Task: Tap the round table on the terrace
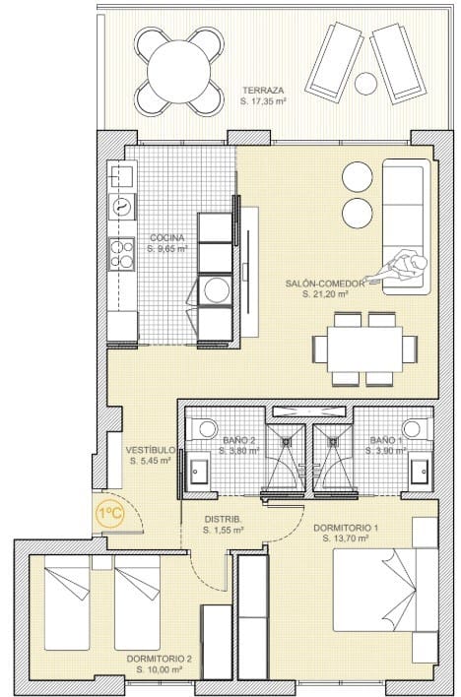178,69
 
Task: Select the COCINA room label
167,238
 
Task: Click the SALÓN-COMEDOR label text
325,284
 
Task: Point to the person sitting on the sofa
406,265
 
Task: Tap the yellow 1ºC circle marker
108,512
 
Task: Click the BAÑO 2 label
239,439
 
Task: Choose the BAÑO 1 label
384,439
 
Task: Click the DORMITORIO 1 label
346,528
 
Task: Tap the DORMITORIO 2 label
159,659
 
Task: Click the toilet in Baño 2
205,429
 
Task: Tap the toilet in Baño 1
416,429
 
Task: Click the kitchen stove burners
122,254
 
